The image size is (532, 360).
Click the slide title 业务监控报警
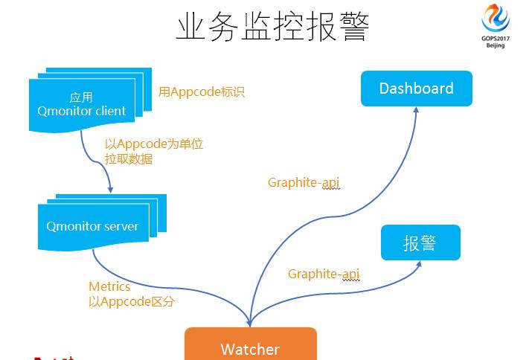272,27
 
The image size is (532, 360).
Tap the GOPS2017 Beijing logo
496,22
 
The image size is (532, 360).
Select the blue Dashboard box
416,89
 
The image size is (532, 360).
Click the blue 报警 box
420,242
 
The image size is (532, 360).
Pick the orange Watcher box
250,347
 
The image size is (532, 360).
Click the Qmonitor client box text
82,112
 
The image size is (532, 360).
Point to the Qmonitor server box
92,226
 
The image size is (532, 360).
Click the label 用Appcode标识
202,92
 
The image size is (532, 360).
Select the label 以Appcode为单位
154,144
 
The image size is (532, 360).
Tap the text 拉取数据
129,158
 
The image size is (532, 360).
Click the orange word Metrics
109,286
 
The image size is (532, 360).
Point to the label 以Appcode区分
132,301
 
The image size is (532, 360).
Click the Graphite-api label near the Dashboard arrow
304,182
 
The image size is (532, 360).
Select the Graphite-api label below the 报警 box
324,274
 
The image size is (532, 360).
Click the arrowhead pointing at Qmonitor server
110,189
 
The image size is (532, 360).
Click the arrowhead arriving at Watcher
249,323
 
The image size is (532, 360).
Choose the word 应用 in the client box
81,97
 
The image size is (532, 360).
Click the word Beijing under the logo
496,45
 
